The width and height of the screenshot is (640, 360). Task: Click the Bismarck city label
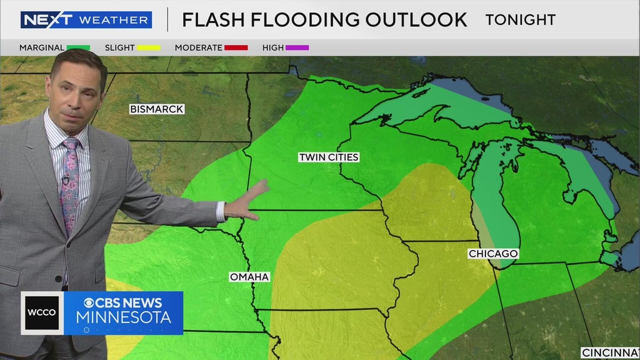coord(157,109)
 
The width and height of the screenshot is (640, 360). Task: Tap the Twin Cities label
coord(329,157)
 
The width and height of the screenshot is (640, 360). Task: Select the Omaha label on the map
coord(249,277)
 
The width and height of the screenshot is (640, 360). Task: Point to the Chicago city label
coord(494,254)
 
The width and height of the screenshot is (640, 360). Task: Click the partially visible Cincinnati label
coord(610,353)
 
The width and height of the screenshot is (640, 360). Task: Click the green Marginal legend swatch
coord(79,47)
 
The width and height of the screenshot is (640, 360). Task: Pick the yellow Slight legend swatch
coord(148,47)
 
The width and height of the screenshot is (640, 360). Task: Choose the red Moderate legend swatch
coord(237,47)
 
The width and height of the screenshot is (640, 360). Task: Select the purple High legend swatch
coord(297,47)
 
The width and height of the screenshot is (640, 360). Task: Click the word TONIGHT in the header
coord(520,19)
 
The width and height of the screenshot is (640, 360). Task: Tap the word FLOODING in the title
coord(301,19)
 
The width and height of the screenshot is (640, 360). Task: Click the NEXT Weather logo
coord(86,20)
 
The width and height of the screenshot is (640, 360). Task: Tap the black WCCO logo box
coord(42,313)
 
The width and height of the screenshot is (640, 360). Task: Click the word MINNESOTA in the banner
coord(124,317)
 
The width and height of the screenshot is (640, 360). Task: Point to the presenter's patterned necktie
coord(69,181)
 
